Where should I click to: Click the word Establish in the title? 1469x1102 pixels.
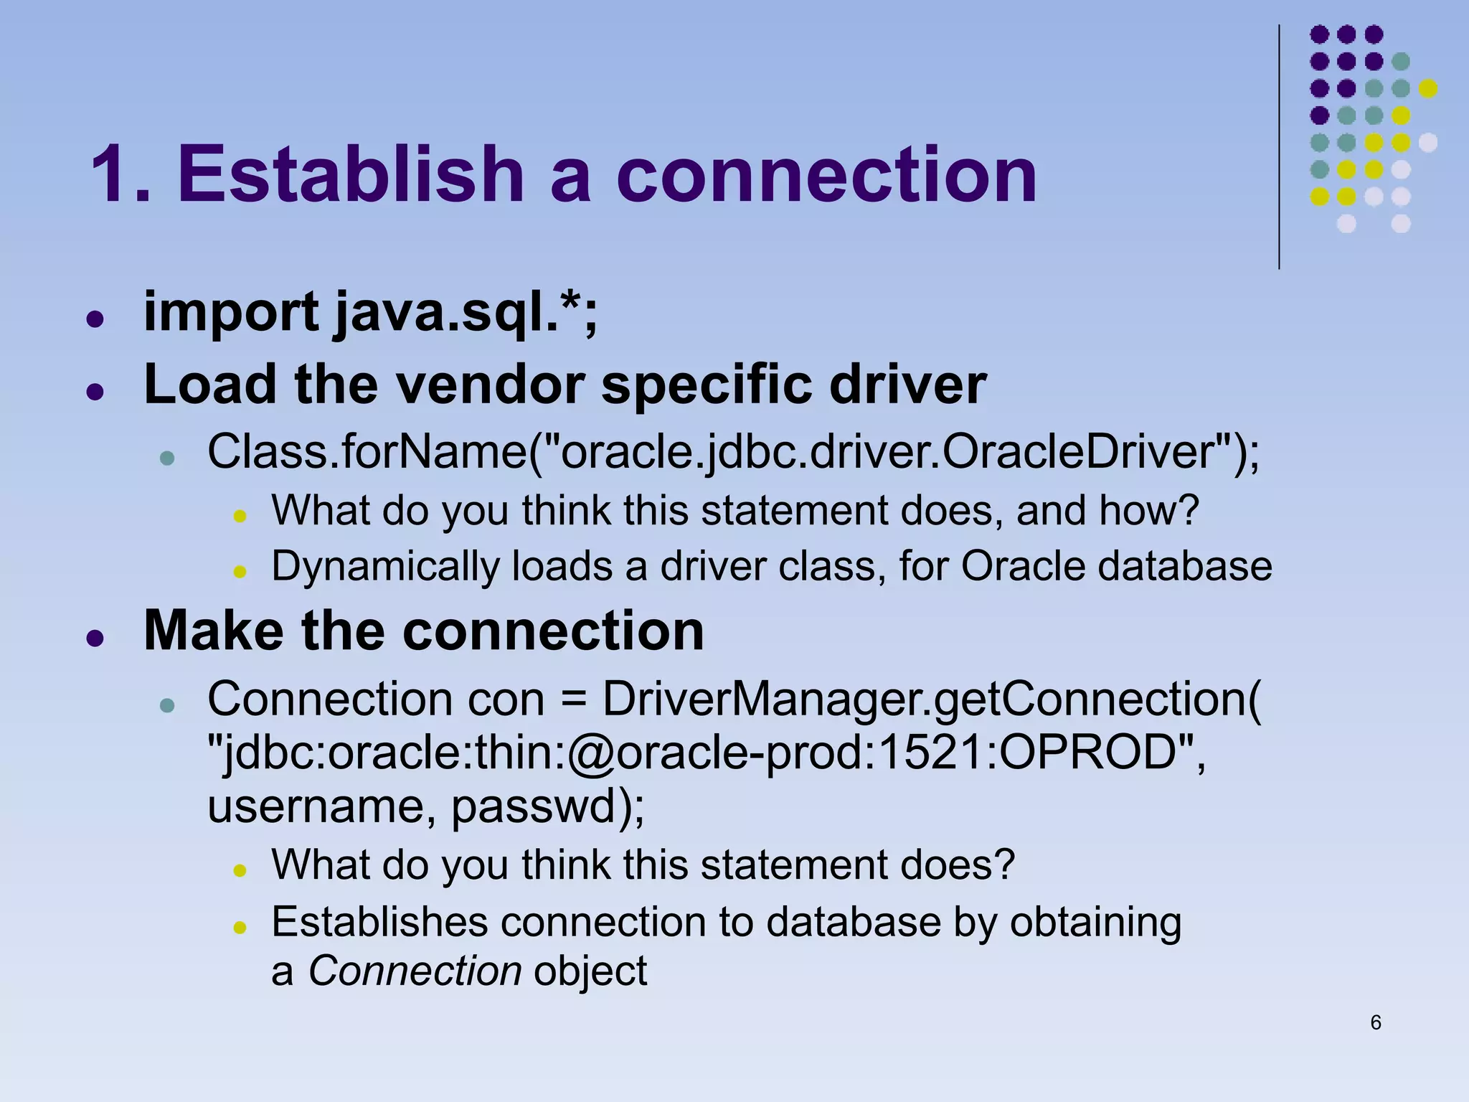tap(351, 174)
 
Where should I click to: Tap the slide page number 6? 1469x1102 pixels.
tap(1375, 1022)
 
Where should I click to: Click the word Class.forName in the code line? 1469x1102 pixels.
tap(366, 452)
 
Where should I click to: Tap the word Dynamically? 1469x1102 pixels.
tap(384, 567)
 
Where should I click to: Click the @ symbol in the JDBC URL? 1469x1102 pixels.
tap(591, 753)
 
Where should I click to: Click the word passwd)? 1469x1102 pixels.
tap(548, 806)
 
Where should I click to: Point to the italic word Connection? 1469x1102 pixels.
tap(415, 971)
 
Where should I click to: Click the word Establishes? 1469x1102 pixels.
tap(379, 922)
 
